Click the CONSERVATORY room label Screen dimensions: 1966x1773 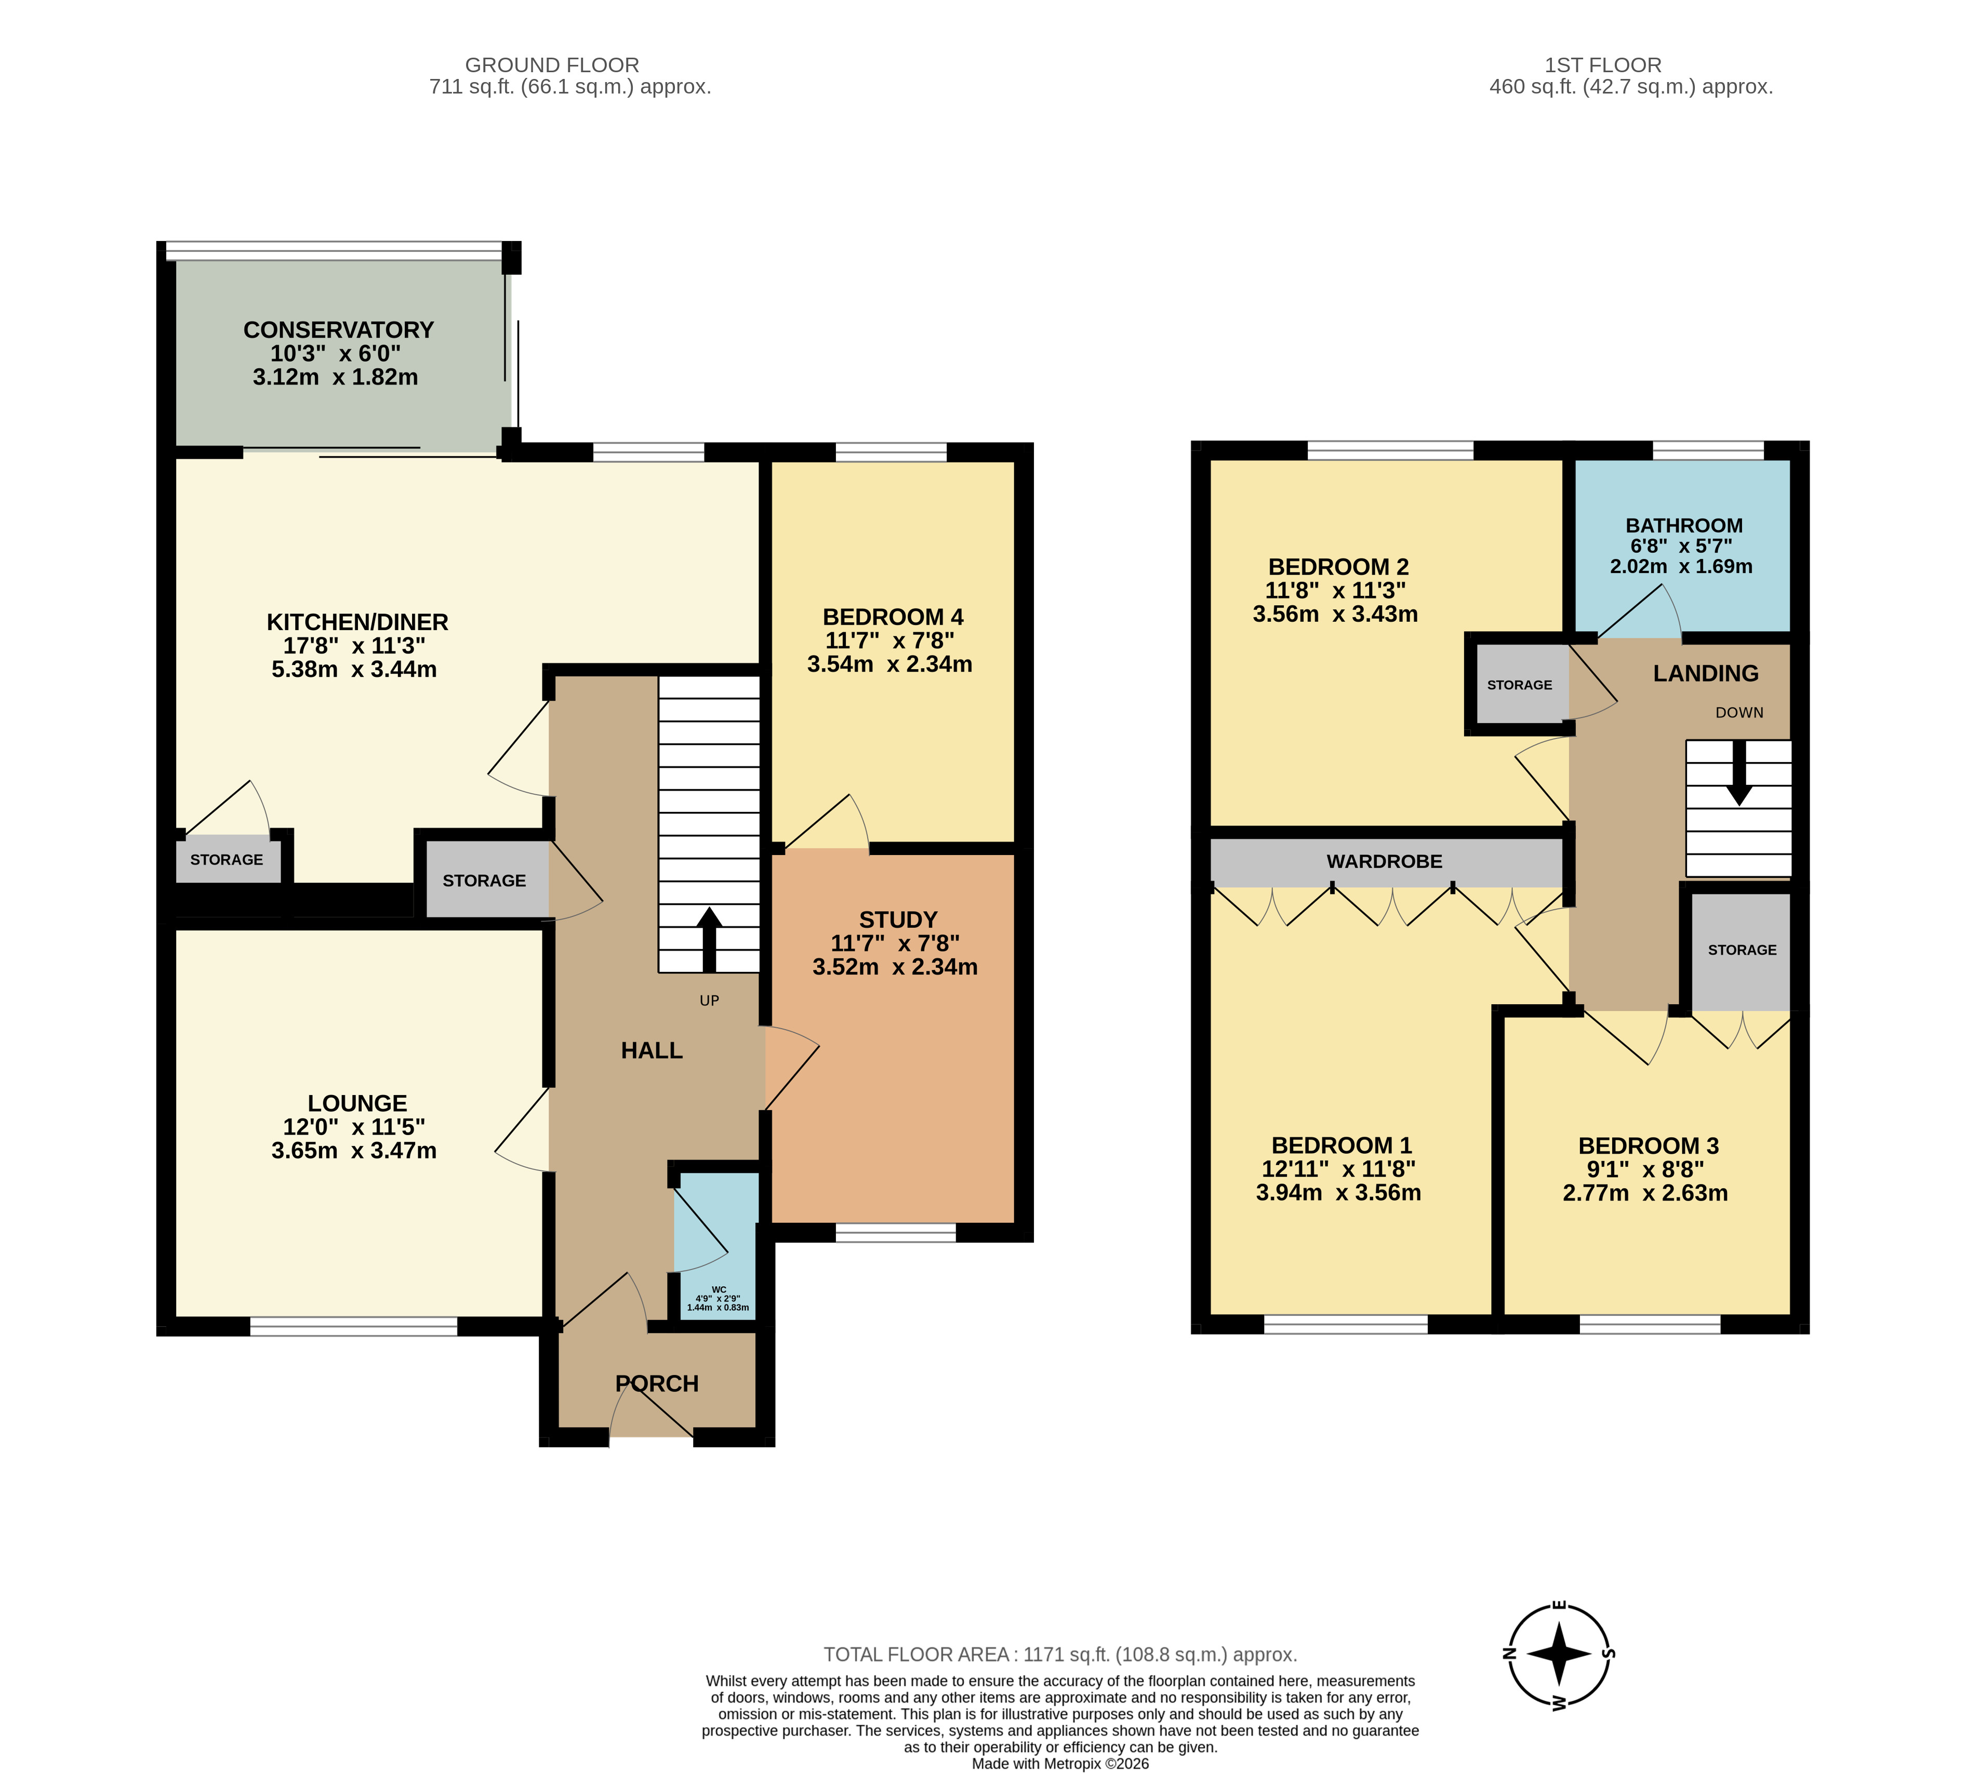338,330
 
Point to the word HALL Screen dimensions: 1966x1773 652,1050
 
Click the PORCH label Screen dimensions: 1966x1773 657,1383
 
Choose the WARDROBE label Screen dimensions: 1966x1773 1385,861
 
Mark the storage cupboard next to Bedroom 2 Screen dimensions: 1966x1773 1520,685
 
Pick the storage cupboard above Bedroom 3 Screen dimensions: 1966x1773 1741,950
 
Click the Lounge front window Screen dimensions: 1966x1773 354,1326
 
